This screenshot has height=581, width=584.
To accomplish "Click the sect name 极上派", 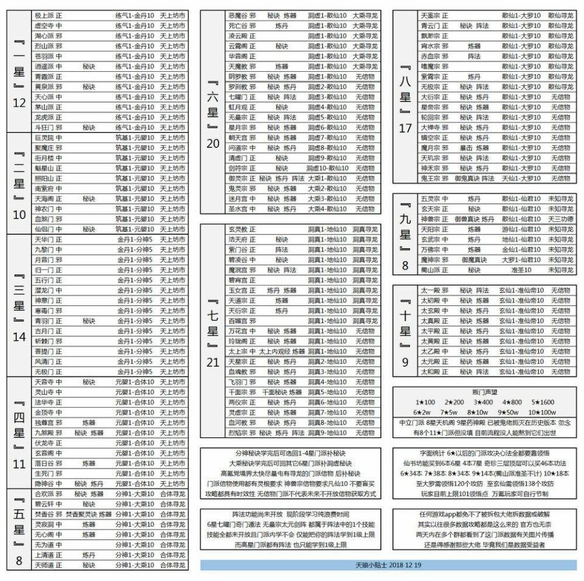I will point(44,15).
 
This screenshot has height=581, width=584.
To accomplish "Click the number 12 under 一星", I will point(19,103).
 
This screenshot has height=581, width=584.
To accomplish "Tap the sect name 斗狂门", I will point(44,128).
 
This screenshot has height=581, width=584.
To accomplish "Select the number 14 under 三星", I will point(19,336).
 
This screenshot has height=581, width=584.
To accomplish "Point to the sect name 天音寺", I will point(44,382).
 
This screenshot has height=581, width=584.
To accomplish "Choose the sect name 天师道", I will point(44,565).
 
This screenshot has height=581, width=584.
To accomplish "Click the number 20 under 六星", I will point(212,144).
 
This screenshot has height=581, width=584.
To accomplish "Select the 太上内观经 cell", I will point(273,352).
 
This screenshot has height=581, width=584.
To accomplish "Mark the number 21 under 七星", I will point(212,363).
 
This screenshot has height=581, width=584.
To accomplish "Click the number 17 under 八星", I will point(406,128).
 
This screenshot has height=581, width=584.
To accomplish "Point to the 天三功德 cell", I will point(560,219).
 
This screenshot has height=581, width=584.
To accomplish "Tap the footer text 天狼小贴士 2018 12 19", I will point(388,565).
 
